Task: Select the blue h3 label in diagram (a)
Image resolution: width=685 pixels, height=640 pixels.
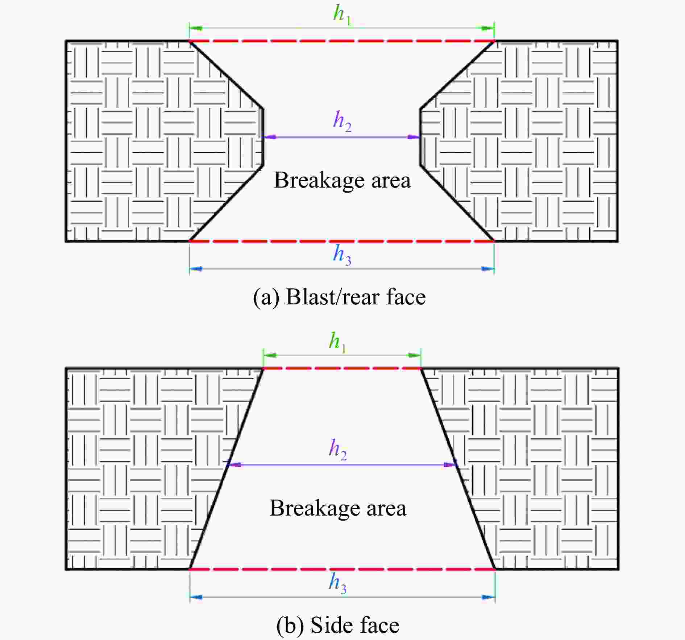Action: pyautogui.click(x=342, y=255)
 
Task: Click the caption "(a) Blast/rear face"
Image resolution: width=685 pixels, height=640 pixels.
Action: pyautogui.click(x=339, y=297)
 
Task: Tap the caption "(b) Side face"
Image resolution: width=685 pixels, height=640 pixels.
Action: pyautogui.click(x=338, y=625)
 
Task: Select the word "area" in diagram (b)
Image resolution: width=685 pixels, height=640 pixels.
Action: pyautogui.click(x=386, y=508)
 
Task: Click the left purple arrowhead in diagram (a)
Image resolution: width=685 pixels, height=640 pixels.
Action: pyautogui.click(x=270, y=137)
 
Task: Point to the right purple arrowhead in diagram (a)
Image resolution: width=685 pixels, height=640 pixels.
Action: pyautogui.click(x=414, y=137)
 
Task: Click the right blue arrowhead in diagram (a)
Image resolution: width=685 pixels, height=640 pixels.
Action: pyautogui.click(x=487, y=269)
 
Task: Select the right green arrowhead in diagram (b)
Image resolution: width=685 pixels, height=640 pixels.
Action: pyautogui.click(x=414, y=355)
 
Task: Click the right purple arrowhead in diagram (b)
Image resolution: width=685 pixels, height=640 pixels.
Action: pyautogui.click(x=451, y=465)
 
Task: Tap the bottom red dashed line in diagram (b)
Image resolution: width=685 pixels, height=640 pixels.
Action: pyautogui.click(x=342, y=570)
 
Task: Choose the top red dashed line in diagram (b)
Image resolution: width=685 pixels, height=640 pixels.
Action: pyautogui.click(x=342, y=368)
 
